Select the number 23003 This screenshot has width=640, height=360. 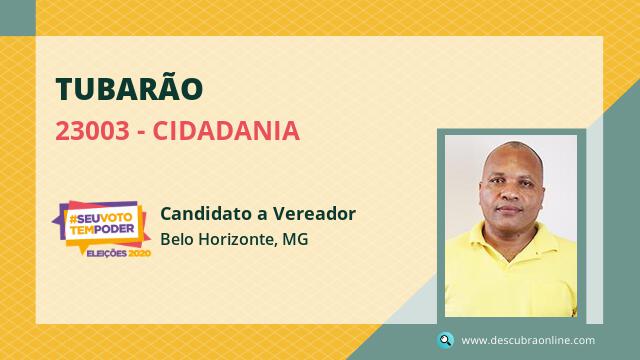92,131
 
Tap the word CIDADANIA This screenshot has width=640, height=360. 227,131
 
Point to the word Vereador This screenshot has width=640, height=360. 314,213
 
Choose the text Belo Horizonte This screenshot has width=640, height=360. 217,239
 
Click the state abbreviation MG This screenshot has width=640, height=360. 295,239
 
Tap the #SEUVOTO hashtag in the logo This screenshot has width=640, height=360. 101,218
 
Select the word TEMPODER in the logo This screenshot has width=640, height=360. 102,229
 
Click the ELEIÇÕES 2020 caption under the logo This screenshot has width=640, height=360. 119,253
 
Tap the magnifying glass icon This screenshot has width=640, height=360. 445,340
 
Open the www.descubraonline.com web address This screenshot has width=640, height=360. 528,340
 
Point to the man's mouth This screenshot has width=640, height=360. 509,209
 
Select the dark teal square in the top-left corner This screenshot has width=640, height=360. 18,18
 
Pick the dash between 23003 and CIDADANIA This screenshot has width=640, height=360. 141,133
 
